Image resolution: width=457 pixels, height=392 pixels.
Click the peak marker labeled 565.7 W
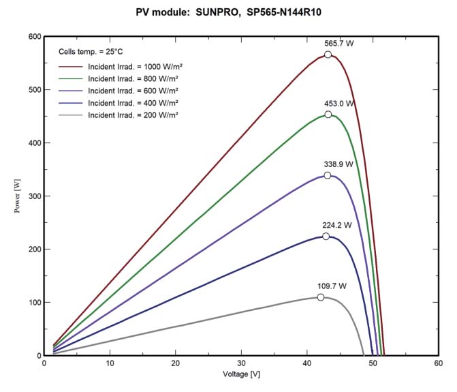click(328, 55)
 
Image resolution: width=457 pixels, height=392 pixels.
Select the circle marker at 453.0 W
click(328, 115)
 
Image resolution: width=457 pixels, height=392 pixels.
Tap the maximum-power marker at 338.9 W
click(328, 175)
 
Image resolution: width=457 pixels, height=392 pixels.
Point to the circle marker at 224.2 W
click(326, 237)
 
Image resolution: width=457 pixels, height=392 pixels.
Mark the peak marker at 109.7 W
click(321, 297)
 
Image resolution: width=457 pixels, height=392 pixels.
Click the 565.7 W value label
click(339, 43)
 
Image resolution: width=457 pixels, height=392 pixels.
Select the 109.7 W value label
click(332, 286)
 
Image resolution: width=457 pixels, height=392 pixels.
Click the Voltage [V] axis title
click(242, 375)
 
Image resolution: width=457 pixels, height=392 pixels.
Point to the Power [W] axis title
click(18, 196)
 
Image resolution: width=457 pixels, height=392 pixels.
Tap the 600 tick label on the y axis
click(33, 37)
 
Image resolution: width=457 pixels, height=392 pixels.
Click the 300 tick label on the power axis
click(33, 196)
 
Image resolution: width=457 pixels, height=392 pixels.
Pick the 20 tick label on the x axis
click(176, 363)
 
